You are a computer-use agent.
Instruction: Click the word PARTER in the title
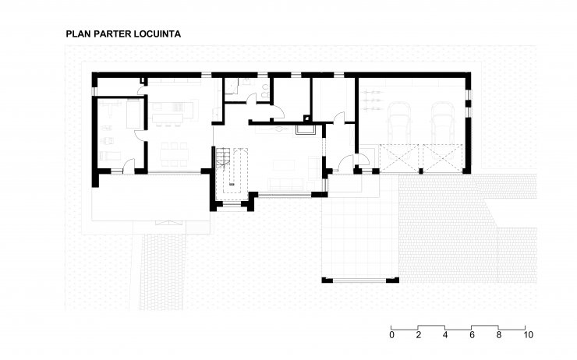point(112,34)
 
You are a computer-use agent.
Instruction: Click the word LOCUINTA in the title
point(158,34)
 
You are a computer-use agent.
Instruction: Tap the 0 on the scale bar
point(391,335)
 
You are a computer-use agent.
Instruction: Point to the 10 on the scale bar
point(528,335)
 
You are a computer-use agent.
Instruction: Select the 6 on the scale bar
point(472,335)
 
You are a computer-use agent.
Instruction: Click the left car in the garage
point(399,120)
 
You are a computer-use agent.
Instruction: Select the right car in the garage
point(442,120)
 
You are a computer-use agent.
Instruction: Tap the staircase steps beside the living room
point(222,157)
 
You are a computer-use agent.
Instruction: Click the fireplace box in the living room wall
point(305,130)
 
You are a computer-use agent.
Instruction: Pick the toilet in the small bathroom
point(264,92)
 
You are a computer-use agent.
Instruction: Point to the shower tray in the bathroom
point(231,86)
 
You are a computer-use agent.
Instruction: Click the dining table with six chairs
point(174,154)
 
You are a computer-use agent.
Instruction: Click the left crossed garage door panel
point(399,158)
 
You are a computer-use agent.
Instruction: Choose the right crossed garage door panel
point(443,158)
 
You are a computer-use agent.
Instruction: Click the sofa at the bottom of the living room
point(286,184)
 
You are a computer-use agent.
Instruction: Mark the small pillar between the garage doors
point(421,171)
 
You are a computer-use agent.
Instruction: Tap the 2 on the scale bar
point(419,335)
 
